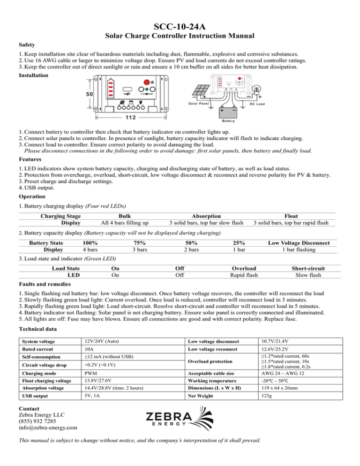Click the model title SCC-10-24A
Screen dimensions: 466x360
pos(180,23)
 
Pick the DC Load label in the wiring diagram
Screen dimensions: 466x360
pos(258,103)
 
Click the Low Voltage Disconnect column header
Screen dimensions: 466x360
pos(299,243)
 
